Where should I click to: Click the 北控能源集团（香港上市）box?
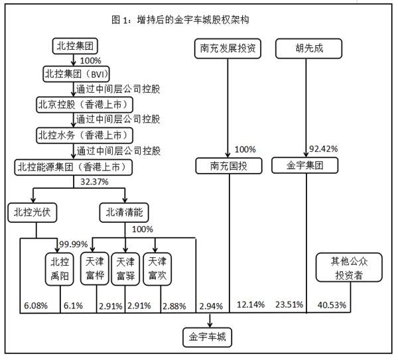(80, 166)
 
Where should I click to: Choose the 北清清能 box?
(125, 212)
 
